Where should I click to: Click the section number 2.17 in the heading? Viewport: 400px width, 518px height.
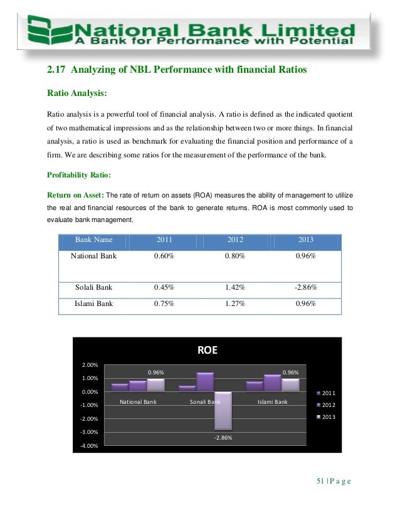coord(58,71)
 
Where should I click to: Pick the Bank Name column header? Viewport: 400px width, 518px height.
coord(93,240)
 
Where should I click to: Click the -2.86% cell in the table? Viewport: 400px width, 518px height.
coord(304,288)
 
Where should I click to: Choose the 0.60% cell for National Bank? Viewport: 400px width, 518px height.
coord(164,256)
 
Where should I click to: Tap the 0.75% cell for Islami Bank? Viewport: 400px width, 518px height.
coord(164,305)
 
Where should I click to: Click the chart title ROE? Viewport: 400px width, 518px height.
coord(208,351)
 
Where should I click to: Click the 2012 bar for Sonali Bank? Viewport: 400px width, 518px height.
coord(205,382)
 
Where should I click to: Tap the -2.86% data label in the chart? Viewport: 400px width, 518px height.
coord(223,437)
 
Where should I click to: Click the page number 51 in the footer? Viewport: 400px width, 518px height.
coord(321,482)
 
